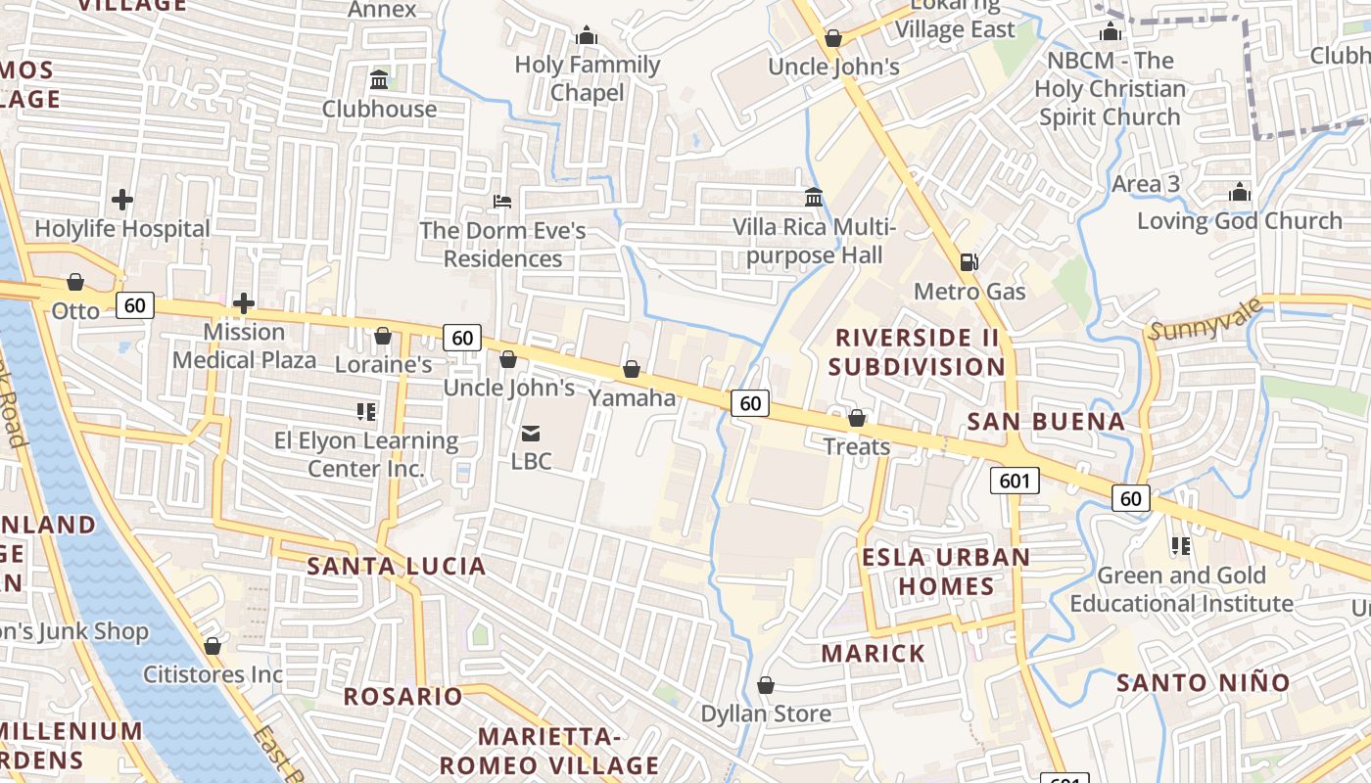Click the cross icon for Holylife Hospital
click(122, 200)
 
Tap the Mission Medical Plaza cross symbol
click(244, 303)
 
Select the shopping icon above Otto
click(75, 283)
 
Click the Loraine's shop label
click(383, 365)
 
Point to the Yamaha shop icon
click(632, 369)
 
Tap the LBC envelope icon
click(531, 433)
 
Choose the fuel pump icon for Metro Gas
click(969, 261)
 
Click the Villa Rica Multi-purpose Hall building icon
click(814, 198)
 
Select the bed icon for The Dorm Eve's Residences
click(502, 202)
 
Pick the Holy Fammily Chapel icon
click(588, 36)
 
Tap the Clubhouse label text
click(379, 109)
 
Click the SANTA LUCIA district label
click(397, 566)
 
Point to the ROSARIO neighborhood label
click(402, 697)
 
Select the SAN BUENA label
click(1046, 422)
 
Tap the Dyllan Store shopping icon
click(766, 685)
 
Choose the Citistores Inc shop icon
click(213, 646)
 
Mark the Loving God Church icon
click(1240, 192)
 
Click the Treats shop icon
click(857, 418)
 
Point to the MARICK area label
click(874, 654)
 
